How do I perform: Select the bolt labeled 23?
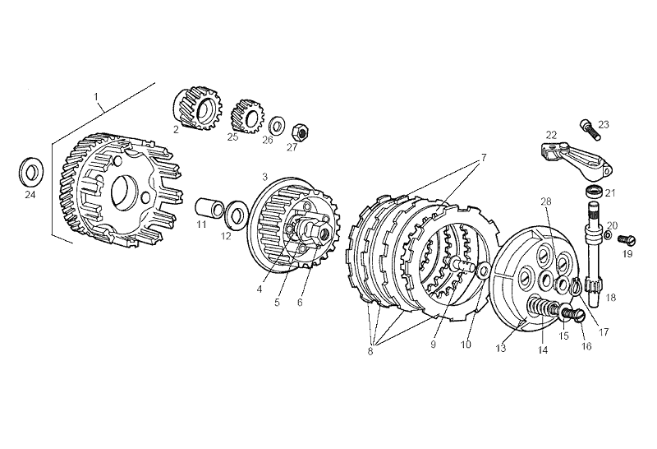(588, 127)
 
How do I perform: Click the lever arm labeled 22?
(573, 158)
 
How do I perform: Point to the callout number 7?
(484, 156)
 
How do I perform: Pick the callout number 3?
(264, 177)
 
